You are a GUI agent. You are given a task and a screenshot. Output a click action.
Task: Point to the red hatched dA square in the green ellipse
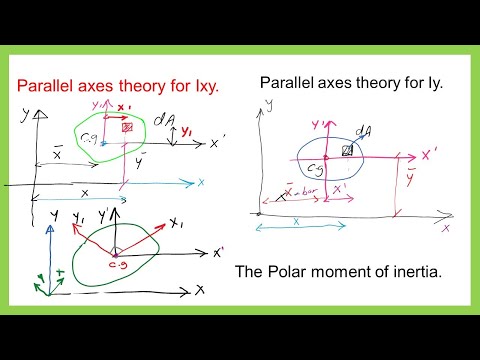click(127, 128)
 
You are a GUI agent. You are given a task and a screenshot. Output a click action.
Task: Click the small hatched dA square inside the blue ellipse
click(347, 150)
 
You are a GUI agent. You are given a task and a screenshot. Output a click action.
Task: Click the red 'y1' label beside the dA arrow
click(186, 131)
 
